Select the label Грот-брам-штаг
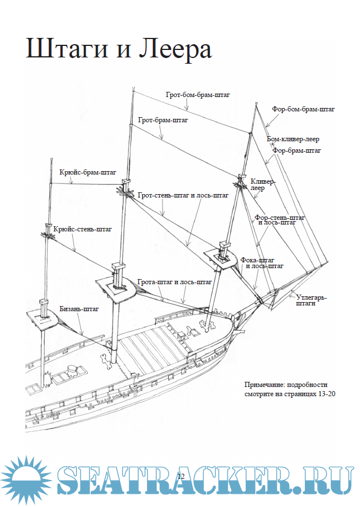(x=163, y=121)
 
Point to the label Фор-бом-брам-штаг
(x=304, y=108)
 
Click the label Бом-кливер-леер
(x=293, y=139)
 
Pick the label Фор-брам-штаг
(x=296, y=150)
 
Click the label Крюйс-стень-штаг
(x=82, y=229)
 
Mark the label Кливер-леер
(x=263, y=184)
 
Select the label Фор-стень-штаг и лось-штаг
(x=280, y=220)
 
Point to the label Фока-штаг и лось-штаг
(x=262, y=262)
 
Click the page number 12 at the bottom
(x=180, y=477)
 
